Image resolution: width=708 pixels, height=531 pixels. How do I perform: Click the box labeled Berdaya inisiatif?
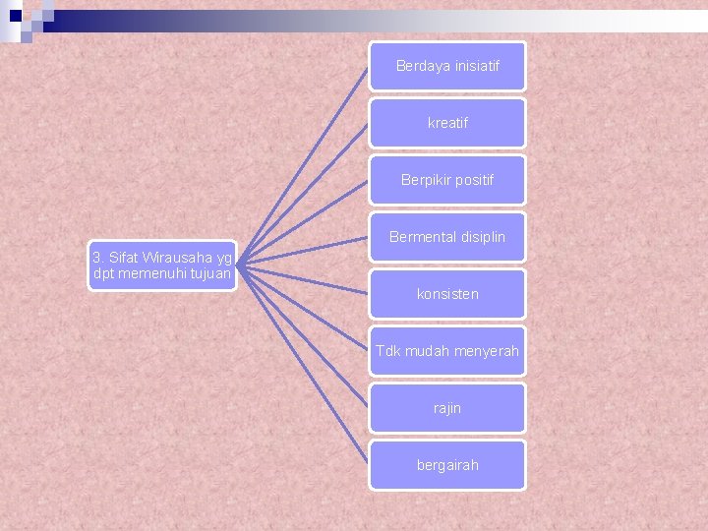(x=447, y=66)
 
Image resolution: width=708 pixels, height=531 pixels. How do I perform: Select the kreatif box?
(x=447, y=123)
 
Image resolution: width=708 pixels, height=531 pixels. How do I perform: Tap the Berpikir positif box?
(x=447, y=180)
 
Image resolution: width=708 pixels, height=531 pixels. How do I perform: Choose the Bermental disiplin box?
(x=447, y=237)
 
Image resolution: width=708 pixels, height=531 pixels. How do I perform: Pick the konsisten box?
(x=447, y=294)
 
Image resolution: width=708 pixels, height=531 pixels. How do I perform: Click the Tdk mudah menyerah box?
(x=447, y=351)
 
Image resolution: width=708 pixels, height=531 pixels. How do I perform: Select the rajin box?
(x=447, y=408)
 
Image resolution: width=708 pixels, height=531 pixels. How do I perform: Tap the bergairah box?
(x=447, y=465)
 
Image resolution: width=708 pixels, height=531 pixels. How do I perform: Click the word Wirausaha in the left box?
(x=170, y=258)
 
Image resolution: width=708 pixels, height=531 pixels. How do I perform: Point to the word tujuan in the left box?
(x=207, y=273)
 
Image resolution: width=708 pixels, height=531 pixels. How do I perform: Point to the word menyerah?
(x=485, y=351)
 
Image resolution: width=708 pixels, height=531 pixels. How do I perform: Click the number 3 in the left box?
(x=96, y=258)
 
